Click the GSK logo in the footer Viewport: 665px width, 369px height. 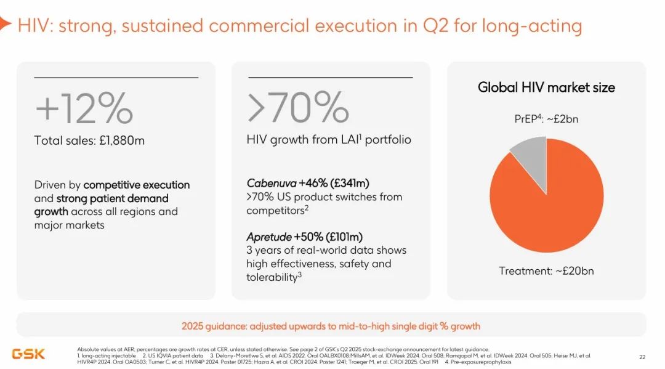coord(28,354)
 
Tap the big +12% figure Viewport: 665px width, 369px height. coord(84,108)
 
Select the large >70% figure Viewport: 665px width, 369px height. coord(298,108)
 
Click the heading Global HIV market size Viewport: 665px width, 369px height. coord(546,87)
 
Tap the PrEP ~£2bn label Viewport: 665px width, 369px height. coord(547,119)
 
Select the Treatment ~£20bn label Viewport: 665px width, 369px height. coord(546,270)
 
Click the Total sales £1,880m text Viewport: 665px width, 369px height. coord(89,140)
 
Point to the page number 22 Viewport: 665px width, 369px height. coord(642,357)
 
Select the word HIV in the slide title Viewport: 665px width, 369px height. coord(31,26)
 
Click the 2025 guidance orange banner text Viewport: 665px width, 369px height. coord(331,326)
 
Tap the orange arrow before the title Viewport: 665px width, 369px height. coord(5,25)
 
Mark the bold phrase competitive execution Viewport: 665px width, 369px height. coord(137,185)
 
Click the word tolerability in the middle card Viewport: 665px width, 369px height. coord(271,277)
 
